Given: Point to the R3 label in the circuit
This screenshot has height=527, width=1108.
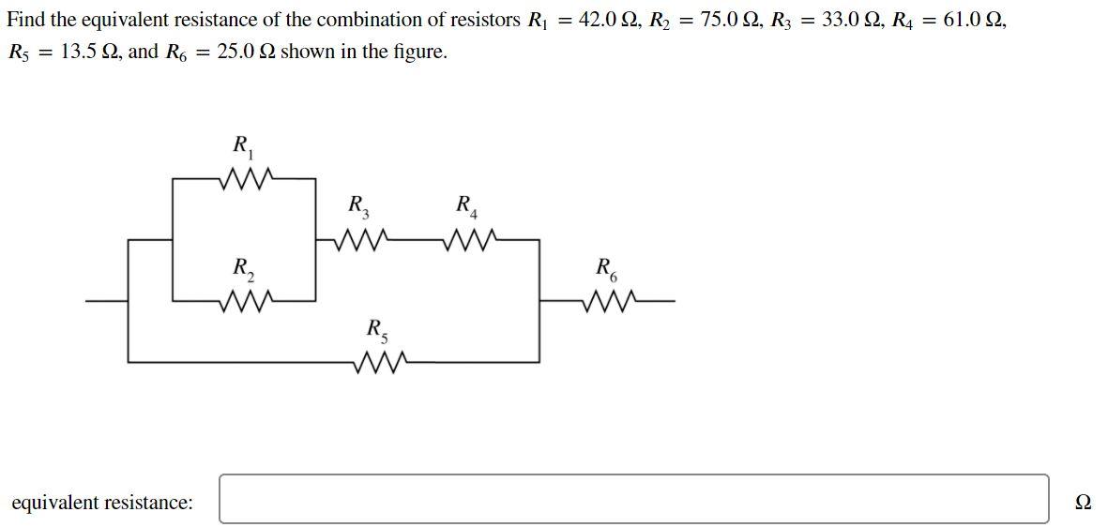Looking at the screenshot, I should click(358, 205).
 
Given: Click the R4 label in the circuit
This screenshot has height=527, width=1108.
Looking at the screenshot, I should click(466, 205).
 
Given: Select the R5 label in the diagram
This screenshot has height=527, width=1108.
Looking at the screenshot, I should click(377, 330).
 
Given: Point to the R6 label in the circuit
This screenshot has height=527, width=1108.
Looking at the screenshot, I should click(607, 268).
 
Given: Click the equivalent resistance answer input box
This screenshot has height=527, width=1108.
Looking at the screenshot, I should click(634, 499).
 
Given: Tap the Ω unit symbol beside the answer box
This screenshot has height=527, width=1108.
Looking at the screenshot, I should click(1083, 503).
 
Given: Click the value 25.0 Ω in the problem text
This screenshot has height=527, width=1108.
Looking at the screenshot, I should click(246, 52).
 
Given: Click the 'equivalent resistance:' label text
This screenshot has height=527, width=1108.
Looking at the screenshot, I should click(102, 503).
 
